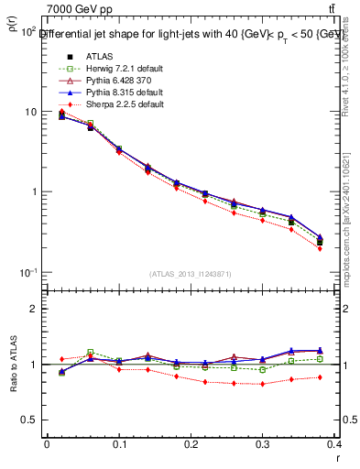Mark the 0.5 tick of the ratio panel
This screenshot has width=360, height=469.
point(28,420)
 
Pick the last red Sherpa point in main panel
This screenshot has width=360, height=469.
point(320,248)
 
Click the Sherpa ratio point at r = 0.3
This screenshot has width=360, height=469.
point(262,384)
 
